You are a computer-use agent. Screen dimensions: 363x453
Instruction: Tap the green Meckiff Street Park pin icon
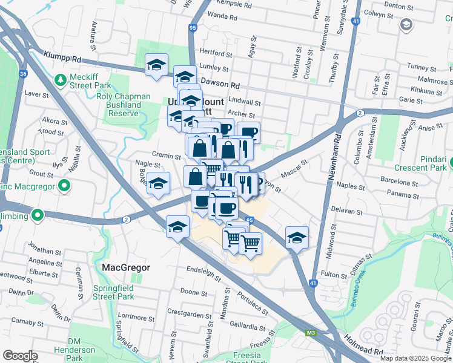(x=61, y=80)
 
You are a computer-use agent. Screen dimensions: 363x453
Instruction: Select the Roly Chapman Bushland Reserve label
(x=119, y=105)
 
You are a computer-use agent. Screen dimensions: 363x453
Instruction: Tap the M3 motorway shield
(x=311, y=332)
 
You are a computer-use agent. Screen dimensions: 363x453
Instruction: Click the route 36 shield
(x=23, y=74)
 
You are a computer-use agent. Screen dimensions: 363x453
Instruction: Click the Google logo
(x=21, y=356)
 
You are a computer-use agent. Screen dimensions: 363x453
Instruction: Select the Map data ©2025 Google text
(x=415, y=358)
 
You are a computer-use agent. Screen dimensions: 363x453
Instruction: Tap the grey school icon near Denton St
(x=406, y=25)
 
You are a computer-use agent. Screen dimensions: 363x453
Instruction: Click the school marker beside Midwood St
(x=297, y=238)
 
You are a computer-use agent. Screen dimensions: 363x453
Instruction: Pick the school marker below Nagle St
(x=159, y=184)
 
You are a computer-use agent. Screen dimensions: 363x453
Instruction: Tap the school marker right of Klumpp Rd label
(x=156, y=65)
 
